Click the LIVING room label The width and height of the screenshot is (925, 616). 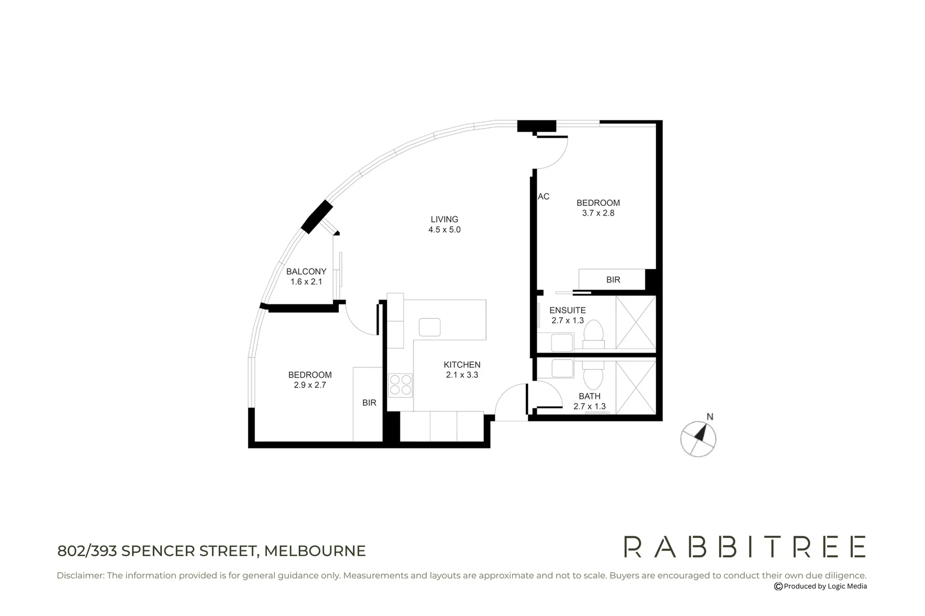tap(444, 220)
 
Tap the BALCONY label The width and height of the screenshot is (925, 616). tap(306, 271)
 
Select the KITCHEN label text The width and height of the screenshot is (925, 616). tap(462, 365)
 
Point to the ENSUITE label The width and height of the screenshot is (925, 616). tap(567, 311)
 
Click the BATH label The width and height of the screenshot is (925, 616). tap(589, 396)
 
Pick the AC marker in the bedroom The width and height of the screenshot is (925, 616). tap(543, 197)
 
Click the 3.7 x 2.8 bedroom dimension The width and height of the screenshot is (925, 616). tap(598, 213)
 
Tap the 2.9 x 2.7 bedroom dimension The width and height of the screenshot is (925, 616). tap(310, 385)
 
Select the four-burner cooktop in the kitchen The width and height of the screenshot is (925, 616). tap(400, 385)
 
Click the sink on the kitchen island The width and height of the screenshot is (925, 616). tap(429, 327)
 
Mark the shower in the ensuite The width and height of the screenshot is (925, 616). tap(636, 322)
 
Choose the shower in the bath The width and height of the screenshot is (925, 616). tap(636, 387)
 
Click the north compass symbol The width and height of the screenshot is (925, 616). tap(699, 438)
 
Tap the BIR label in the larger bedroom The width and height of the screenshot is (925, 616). tap(613, 280)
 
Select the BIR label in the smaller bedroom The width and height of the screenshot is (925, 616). tap(369, 403)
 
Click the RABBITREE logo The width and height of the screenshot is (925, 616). tap(745, 546)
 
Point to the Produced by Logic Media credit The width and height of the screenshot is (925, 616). tap(821, 586)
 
